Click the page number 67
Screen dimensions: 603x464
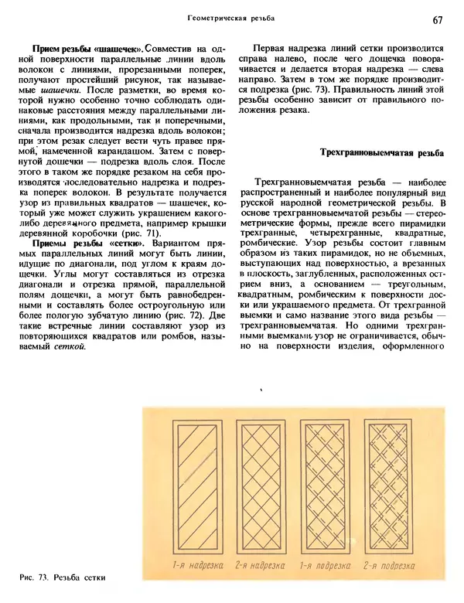click(x=438, y=19)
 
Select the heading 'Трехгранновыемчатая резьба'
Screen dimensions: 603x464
click(x=382, y=153)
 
